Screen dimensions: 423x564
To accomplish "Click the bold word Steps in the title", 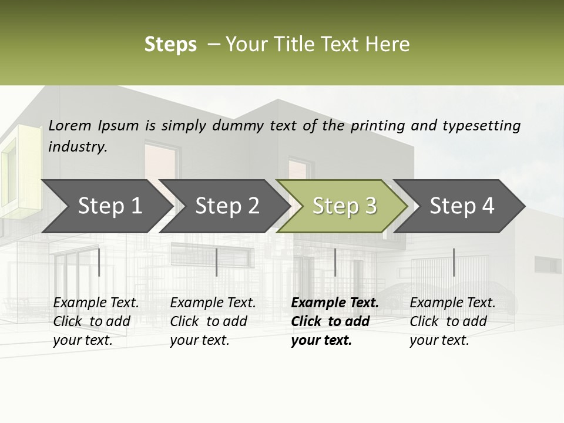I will point(170,45).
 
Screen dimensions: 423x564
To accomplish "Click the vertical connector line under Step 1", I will point(99,262).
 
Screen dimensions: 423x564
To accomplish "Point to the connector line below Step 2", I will point(217,262).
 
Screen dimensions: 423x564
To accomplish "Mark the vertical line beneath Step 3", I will point(335,262).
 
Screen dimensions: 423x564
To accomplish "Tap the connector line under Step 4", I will point(454,262).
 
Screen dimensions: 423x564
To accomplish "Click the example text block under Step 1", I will point(96,321).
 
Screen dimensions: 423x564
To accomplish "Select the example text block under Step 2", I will point(213,321).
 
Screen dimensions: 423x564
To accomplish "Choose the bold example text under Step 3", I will point(335,321).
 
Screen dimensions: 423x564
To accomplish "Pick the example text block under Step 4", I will point(452,321).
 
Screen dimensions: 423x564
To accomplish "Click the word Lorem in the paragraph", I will point(70,126).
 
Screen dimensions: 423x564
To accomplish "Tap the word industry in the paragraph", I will point(78,147).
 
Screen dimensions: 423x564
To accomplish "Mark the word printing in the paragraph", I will point(378,126).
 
